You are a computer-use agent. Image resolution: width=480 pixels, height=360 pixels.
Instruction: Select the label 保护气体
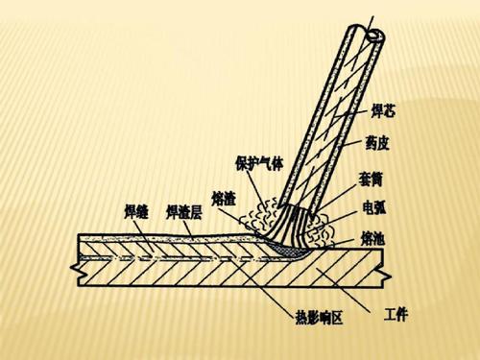(x=260, y=163)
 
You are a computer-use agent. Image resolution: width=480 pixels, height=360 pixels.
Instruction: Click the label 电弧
(x=374, y=207)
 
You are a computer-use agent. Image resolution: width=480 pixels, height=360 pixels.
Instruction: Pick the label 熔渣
(x=224, y=198)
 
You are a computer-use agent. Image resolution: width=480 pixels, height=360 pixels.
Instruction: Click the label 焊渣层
(x=183, y=210)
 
